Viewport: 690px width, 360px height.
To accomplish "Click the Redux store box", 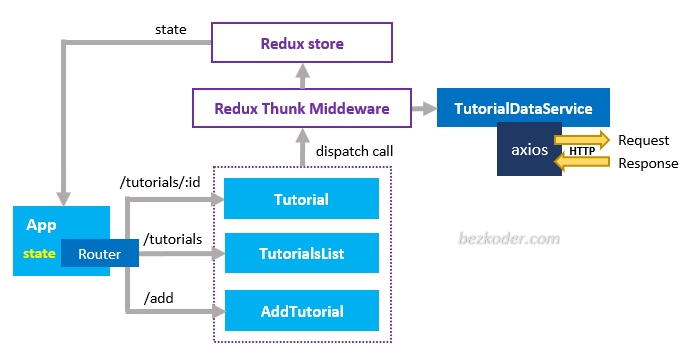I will [x=301, y=44].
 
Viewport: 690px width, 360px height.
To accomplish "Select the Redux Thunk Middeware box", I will [x=301, y=107].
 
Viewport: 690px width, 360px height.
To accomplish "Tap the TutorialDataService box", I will [x=523, y=107].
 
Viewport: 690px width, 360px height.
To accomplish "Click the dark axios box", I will [x=528, y=151].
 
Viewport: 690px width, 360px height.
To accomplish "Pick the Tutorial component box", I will [x=301, y=199].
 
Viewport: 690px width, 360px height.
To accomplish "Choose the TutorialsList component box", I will [x=301, y=254].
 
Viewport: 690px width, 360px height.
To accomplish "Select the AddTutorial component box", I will [x=301, y=311].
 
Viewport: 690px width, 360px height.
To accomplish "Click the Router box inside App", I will [x=100, y=255].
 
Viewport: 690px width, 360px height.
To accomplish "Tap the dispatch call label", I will [x=354, y=152].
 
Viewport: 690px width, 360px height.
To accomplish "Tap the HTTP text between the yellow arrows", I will [x=583, y=151].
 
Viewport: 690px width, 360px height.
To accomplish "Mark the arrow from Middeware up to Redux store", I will [x=301, y=76].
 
